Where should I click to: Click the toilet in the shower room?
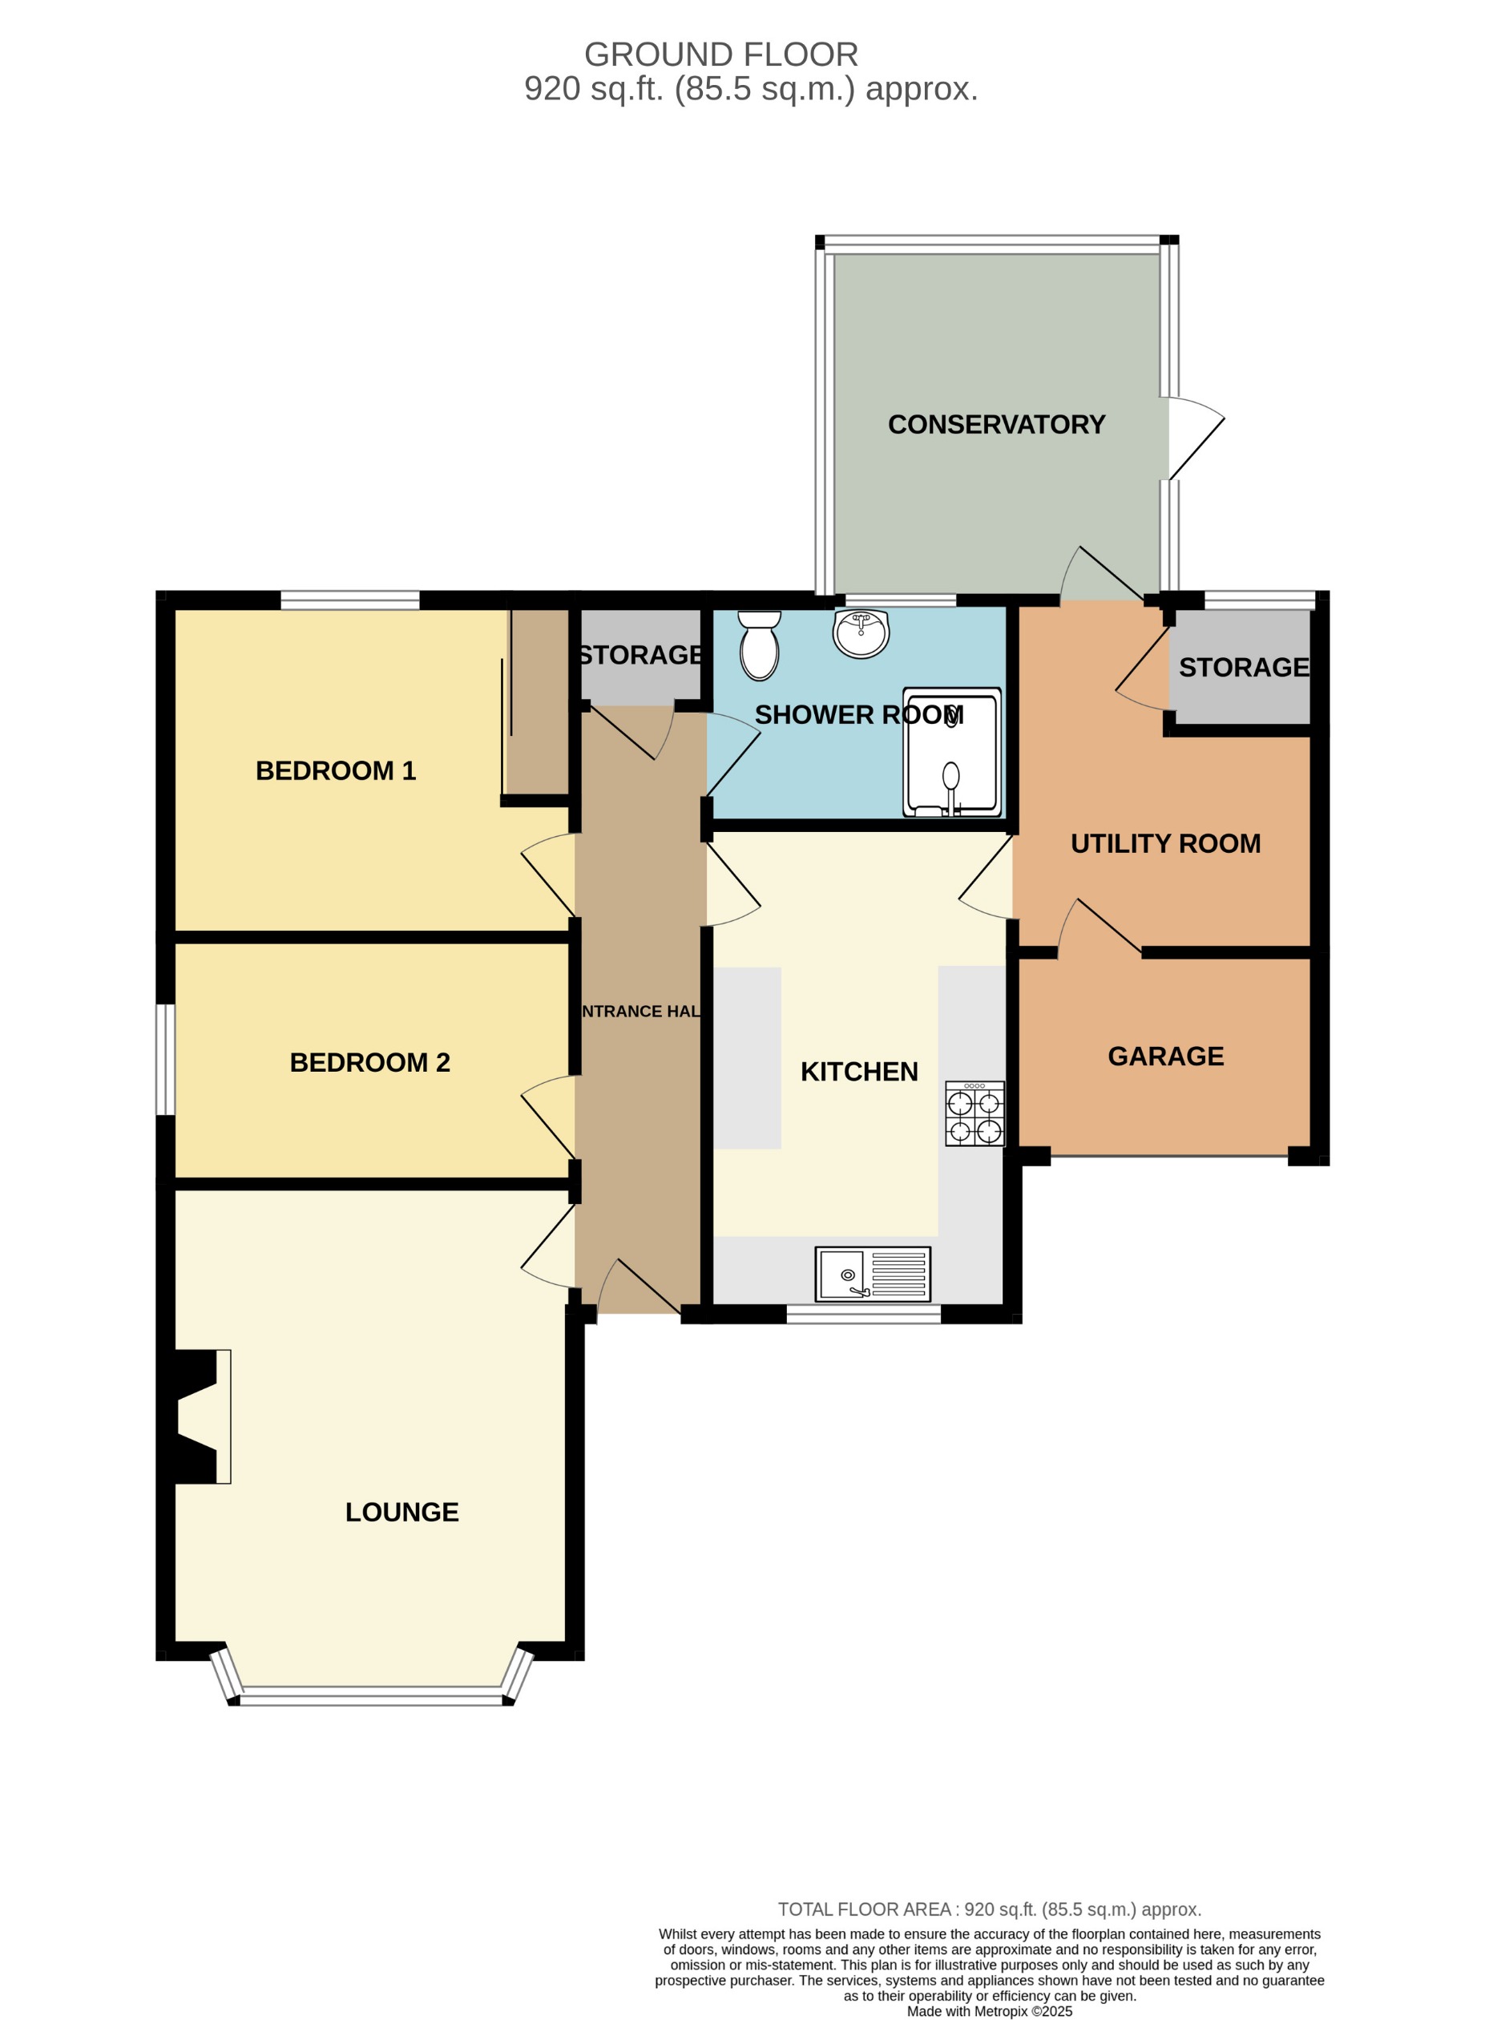click(760, 645)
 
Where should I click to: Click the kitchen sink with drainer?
click(872, 1274)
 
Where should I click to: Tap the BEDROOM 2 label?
click(369, 1063)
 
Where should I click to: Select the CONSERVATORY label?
click(996, 424)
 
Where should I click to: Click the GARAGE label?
click(1165, 1056)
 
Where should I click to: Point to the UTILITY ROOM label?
click(1165, 843)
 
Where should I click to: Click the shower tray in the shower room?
click(952, 753)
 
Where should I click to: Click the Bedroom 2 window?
click(165, 1059)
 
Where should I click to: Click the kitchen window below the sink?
click(863, 1314)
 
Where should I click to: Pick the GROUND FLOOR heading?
click(721, 55)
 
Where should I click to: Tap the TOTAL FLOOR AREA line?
click(989, 1909)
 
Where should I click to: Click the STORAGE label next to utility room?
click(1243, 667)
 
